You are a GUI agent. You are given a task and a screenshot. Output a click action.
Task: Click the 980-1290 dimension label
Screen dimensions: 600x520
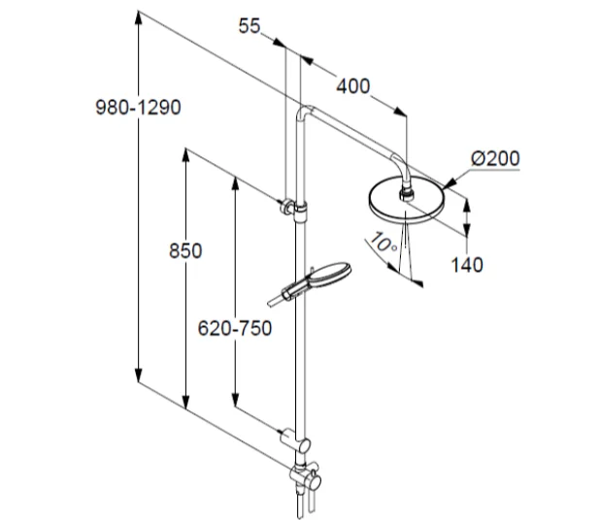pos(138,108)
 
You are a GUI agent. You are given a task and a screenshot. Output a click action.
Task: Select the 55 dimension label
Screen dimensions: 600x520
pos(250,26)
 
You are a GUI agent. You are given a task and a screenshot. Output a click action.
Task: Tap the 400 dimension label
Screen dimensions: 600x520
pos(353,86)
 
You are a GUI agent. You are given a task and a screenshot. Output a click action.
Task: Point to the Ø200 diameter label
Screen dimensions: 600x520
pos(495,158)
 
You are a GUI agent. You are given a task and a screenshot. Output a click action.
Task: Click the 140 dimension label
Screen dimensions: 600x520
pos(467,265)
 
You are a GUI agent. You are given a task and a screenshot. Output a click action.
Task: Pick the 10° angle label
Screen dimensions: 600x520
pos(383,243)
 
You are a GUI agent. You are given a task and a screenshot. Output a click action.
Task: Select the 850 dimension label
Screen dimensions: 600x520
pos(185,251)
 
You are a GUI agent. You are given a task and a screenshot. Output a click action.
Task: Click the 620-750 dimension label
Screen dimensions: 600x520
pos(235,328)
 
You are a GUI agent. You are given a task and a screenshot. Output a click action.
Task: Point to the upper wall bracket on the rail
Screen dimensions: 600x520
pos(293,209)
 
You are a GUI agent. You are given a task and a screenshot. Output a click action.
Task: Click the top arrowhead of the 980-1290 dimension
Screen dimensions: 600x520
pos(139,18)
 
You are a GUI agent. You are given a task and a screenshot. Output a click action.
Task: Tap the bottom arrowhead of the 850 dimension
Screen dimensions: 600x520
pos(185,403)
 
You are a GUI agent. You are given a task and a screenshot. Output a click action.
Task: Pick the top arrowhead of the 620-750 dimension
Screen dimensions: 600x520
pos(235,184)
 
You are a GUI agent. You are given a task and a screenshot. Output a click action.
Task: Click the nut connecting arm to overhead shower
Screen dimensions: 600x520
pos(407,194)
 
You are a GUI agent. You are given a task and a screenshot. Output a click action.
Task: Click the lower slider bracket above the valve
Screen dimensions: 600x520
pos(296,440)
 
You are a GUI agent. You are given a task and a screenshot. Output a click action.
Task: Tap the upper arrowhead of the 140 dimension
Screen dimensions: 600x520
pos(467,206)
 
